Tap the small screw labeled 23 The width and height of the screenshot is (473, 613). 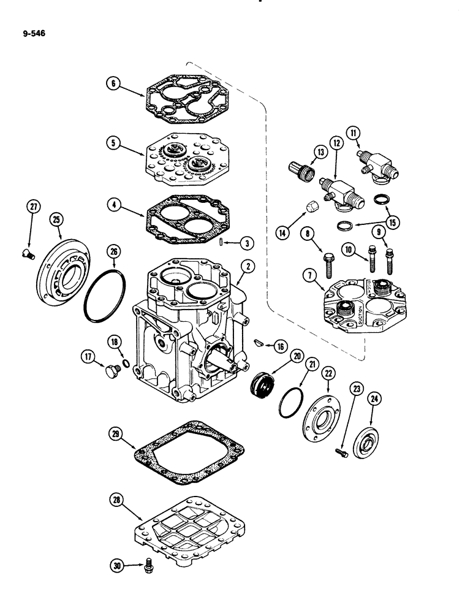click(x=342, y=452)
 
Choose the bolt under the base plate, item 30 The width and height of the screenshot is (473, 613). click(x=148, y=569)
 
